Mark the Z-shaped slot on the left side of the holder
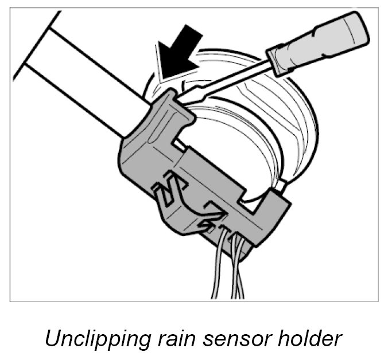[168, 190]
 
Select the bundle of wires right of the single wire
[238, 269]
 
